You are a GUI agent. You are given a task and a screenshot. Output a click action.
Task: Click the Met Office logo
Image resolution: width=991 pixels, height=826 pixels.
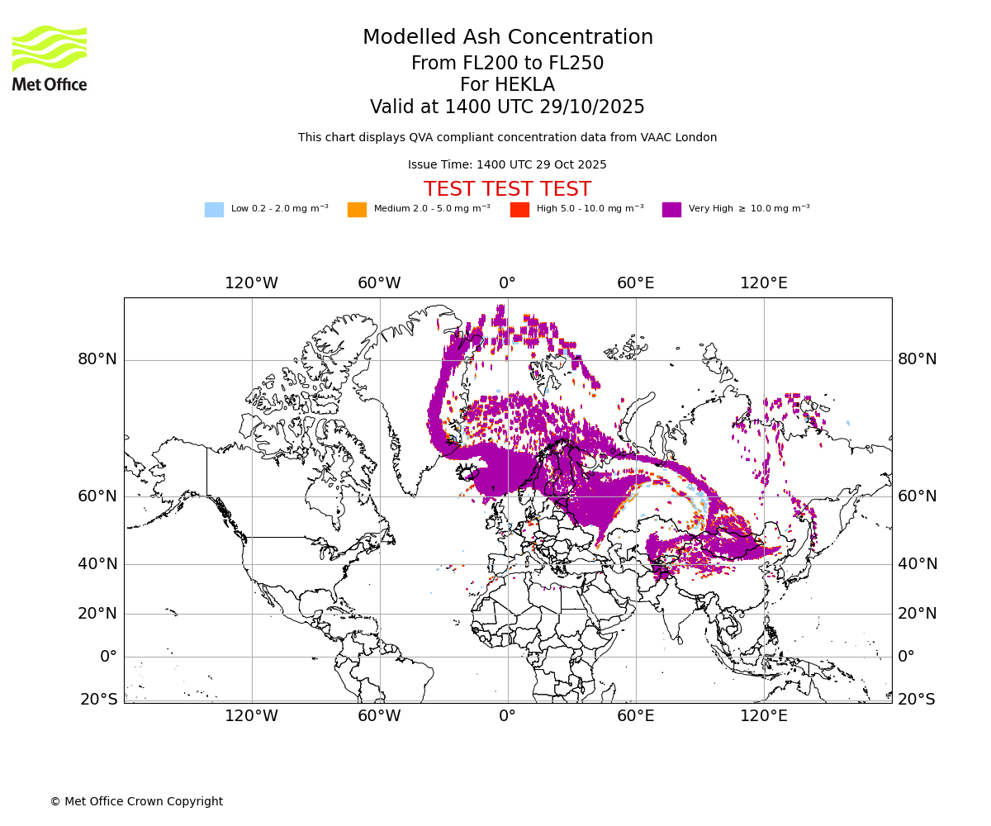(x=50, y=58)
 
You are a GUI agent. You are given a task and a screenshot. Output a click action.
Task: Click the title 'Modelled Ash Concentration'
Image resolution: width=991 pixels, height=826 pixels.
(x=507, y=38)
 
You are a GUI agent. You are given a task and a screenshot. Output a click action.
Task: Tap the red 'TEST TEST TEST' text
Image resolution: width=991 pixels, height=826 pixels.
(x=507, y=189)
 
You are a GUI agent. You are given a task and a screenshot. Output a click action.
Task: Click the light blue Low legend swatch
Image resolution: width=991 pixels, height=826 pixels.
(x=214, y=210)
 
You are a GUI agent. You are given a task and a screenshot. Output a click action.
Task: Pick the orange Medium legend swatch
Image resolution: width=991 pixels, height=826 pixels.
(x=357, y=210)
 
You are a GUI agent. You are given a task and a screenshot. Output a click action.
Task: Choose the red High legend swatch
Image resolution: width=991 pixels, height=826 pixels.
(x=519, y=210)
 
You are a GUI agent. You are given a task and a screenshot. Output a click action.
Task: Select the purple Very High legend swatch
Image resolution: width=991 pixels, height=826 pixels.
(x=671, y=210)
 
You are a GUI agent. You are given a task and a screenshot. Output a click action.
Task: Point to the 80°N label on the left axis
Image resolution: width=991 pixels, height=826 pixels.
(x=97, y=359)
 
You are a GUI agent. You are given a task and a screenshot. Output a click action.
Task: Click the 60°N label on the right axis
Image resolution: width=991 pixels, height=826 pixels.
(x=918, y=496)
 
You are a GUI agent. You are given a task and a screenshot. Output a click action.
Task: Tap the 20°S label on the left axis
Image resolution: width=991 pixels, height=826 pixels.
(x=98, y=700)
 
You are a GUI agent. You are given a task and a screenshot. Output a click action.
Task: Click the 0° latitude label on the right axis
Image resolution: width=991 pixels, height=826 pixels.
(x=907, y=657)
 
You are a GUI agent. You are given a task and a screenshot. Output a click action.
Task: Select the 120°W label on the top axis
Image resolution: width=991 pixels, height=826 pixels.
(x=252, y=283)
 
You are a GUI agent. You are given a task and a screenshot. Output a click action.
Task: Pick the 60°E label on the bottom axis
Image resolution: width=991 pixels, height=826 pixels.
(x=636, y=716)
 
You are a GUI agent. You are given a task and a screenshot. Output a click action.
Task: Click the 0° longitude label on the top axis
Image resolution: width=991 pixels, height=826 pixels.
(x=507, y=283)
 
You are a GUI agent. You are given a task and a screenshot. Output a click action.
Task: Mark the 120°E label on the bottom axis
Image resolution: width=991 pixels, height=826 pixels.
(x=764, y=716)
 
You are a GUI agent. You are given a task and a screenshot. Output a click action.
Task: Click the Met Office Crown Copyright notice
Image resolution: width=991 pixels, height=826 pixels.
(x=136, y=802)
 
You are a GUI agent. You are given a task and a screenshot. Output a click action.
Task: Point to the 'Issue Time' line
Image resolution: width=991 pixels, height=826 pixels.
(x=507, y=165)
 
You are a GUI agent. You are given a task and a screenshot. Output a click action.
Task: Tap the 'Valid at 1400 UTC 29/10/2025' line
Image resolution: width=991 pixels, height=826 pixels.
(x=507, y=107)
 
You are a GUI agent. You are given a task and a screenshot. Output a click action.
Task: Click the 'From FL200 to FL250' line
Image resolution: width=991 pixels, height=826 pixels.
(x=507, y=64)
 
